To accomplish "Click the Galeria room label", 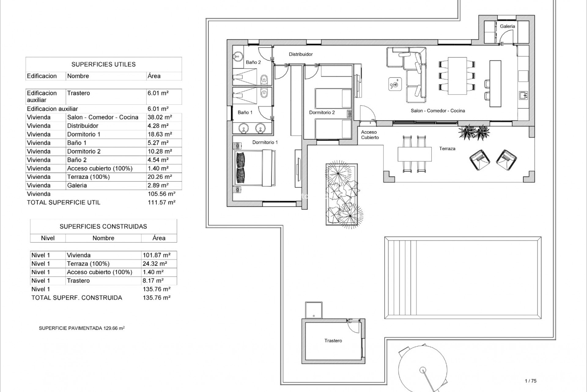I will tap(507, 26).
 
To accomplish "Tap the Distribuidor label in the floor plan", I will tap(301, 54).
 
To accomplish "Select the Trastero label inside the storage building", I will tap(333, 341).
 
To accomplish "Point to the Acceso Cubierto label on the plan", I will tap(370, 135).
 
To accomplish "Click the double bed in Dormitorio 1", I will tap(253, 168).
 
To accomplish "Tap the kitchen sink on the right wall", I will tap(522, 96).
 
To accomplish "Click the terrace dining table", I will tap(414, 154).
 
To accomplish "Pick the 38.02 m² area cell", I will tap(160, 117).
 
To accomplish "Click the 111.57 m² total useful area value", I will tap(161, 202).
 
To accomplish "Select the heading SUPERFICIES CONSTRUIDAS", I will tap(103, 227).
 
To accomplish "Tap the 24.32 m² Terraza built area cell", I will tap(155, 264).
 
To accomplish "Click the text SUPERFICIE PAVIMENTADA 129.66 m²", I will tap(82, 328).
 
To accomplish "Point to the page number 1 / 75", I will tap(530, 381).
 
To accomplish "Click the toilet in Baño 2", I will tap(264, 80).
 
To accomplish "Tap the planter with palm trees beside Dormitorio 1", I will tap(342, 194).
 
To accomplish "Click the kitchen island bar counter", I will tap(495, 84).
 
